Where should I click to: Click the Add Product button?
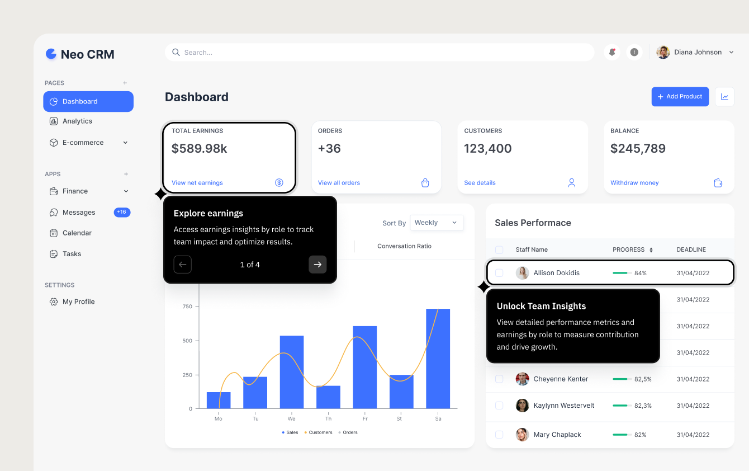(680, 97)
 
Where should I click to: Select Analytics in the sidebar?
(77, 121)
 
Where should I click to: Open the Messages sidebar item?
(78, 213)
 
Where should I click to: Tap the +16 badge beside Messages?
(122, 213)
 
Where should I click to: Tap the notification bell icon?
(612, 52)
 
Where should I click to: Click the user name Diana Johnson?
(698, 53)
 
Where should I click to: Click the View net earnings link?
(197, 183)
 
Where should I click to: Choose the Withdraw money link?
(634, 183)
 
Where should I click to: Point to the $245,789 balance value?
(638, 149)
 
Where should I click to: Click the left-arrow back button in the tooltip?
(183, 265)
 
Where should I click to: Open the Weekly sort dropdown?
(436, 223)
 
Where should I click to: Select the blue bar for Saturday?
(438, 359)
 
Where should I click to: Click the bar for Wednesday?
(292, 372)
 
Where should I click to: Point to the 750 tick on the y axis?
(187, 307)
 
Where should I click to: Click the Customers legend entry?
(319, 432)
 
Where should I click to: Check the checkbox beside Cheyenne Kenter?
(499, 379)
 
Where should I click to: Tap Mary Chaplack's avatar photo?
(522, 435)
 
